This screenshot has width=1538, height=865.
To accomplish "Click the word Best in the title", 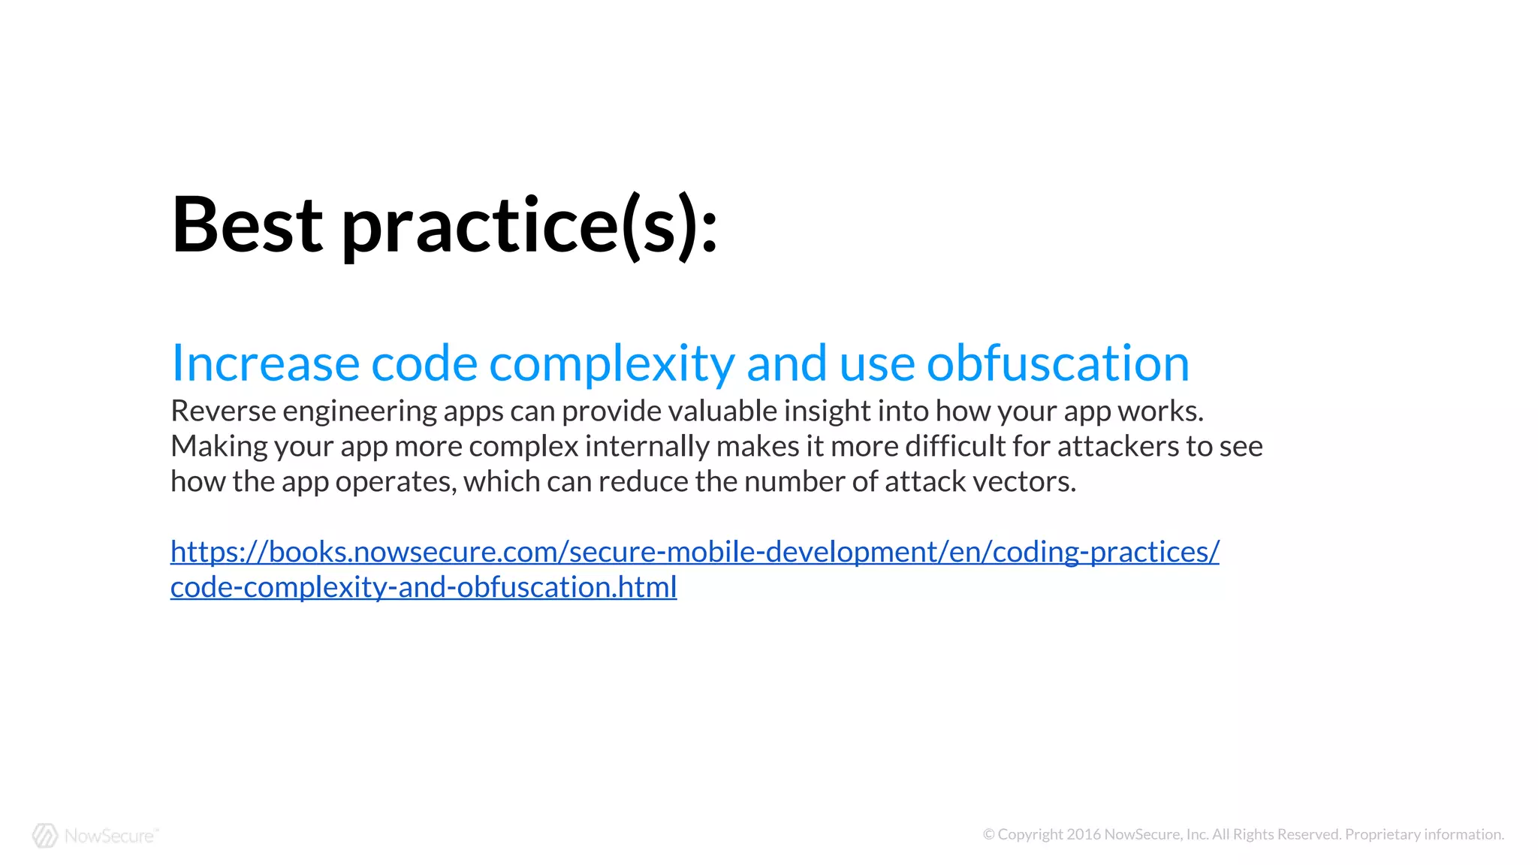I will tap(247, 225).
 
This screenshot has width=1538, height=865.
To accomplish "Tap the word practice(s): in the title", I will tap(529, 225).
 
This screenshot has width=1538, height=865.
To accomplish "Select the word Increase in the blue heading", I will tap(265, 363).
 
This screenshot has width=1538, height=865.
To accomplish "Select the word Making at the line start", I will tap(219, 447).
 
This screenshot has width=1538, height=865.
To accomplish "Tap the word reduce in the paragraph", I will tap(643, 482).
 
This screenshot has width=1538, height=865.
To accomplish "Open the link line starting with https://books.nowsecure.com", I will tap(695, 553).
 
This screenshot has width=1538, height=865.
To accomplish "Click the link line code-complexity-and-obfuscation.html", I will tap(424, 587).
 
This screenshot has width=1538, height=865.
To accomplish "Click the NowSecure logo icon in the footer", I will tap(45, 835).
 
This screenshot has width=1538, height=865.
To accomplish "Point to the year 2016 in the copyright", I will tap(1084, 834).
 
